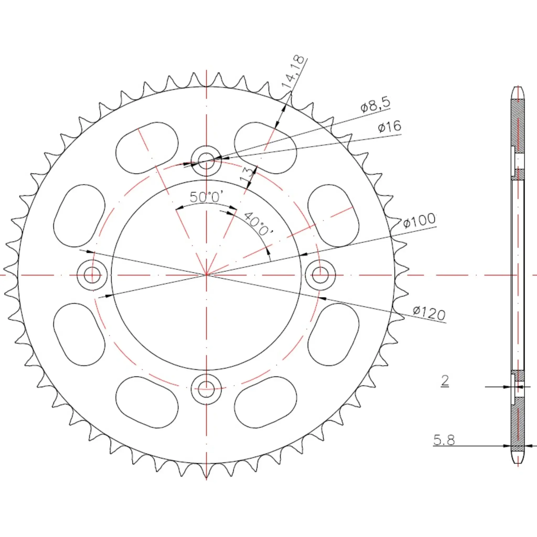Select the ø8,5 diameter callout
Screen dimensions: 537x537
click(375, 104)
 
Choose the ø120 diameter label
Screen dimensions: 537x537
click(429, 313)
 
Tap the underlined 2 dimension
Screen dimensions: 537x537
click(445, 380)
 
